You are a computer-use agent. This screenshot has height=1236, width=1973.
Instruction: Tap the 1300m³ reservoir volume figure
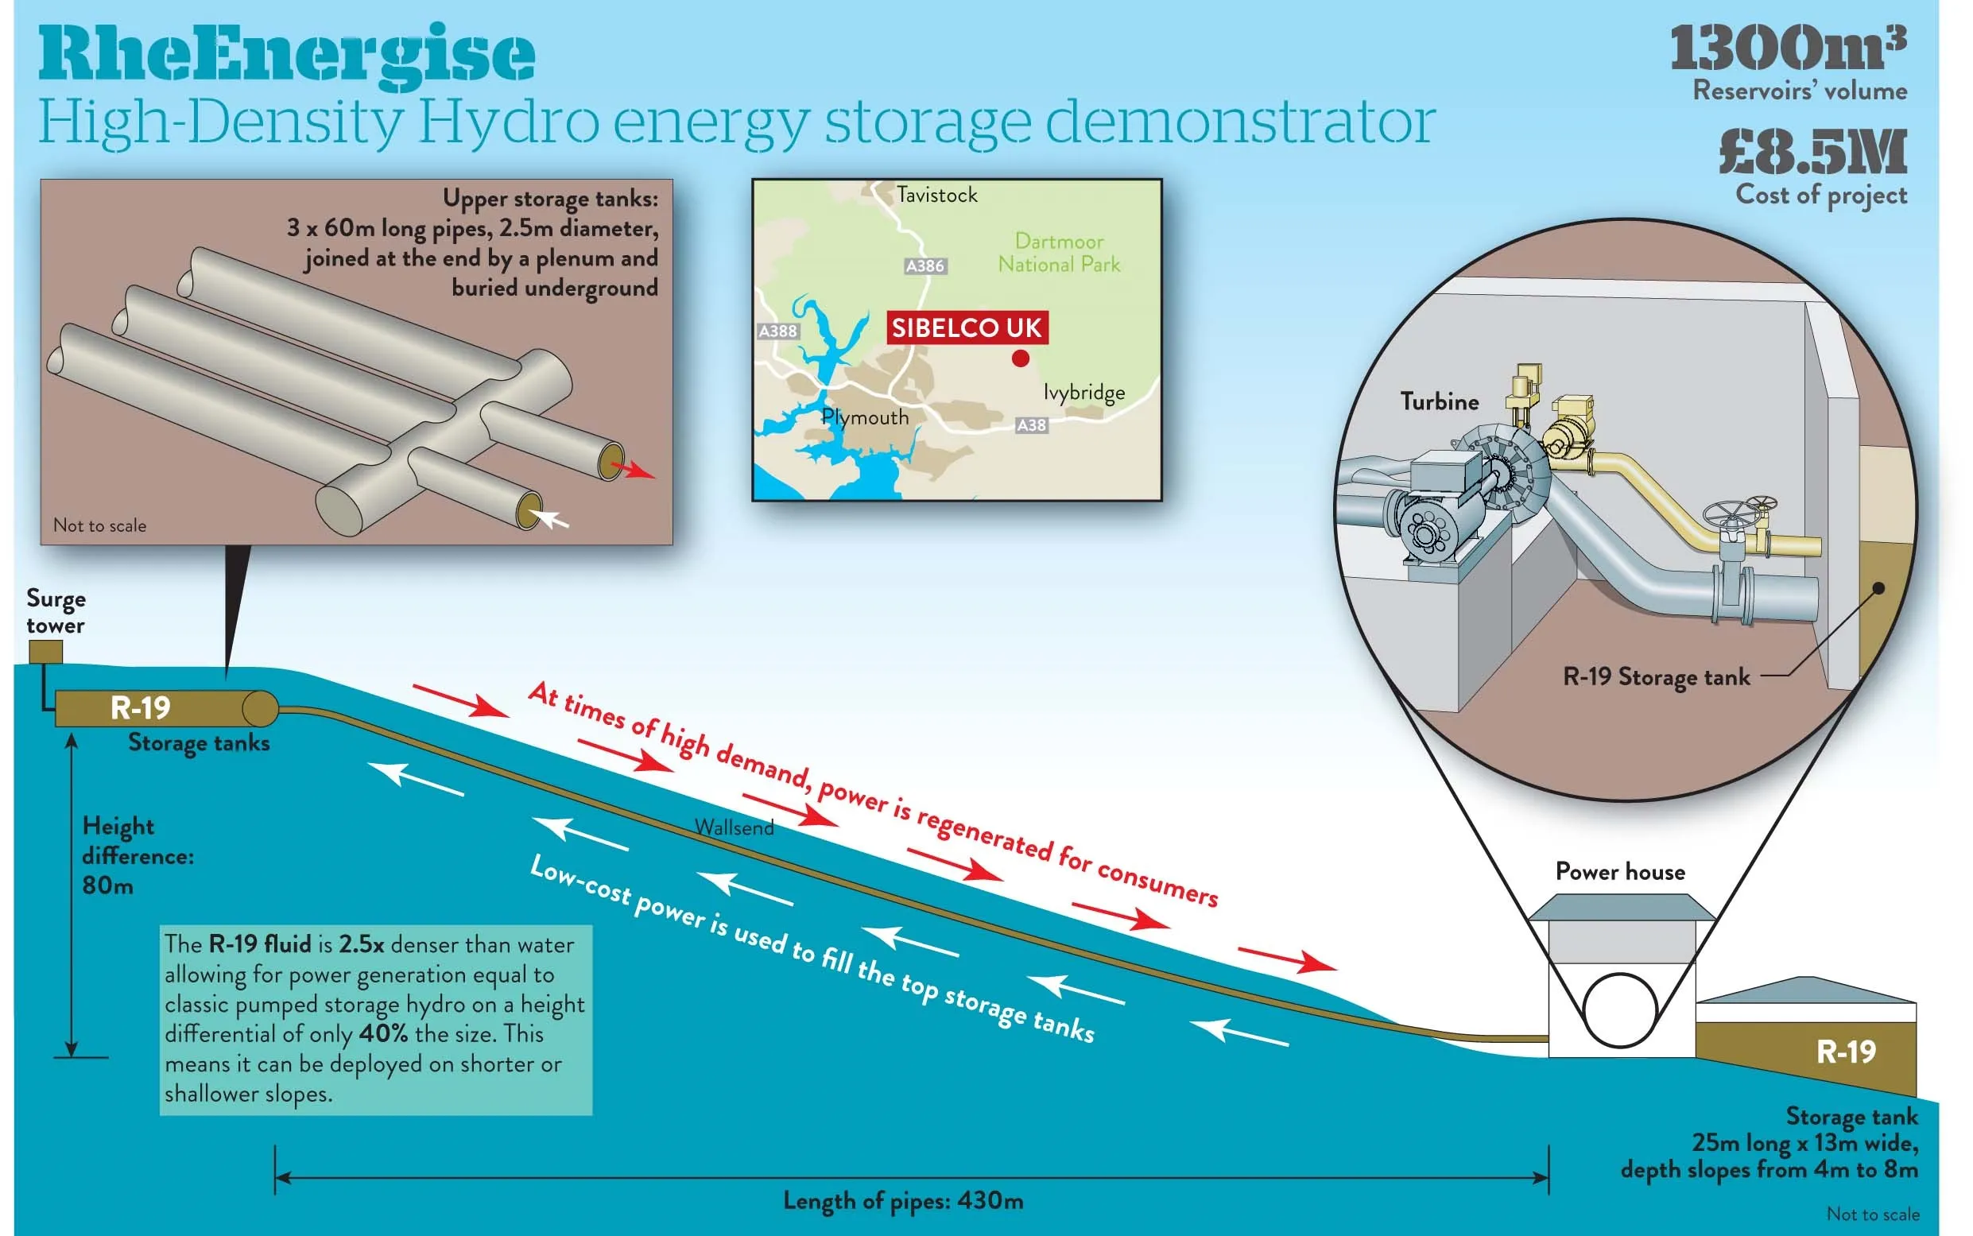[1787, 49]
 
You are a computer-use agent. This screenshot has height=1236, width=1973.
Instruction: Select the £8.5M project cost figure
[1812, 153]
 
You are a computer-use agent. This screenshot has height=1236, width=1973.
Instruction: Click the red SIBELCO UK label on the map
[966, 327]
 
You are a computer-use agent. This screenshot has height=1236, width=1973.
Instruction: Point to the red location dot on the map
[1020, 358]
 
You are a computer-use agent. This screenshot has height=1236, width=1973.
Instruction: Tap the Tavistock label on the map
[936, 196]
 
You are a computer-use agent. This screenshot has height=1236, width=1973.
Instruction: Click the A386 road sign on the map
[925, 265]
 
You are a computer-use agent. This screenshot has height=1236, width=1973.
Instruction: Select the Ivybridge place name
[1083, 393]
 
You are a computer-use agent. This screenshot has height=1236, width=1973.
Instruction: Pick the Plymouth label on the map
[865, 418]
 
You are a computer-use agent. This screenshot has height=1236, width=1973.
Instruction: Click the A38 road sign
[1031, 425]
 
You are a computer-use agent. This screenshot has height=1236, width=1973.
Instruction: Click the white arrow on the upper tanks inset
[549, 517]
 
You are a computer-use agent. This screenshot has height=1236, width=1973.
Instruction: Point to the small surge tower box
[45, 652]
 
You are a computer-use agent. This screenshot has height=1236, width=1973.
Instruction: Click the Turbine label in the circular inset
[1440, 401]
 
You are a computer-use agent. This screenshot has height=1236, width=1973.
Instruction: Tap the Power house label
[1619, 871]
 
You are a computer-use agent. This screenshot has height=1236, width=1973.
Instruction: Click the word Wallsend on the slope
[734, 827]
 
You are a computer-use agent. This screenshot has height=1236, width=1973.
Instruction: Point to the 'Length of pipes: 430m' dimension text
[903, 1200]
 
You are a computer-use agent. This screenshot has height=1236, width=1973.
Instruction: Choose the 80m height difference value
[107, 885]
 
